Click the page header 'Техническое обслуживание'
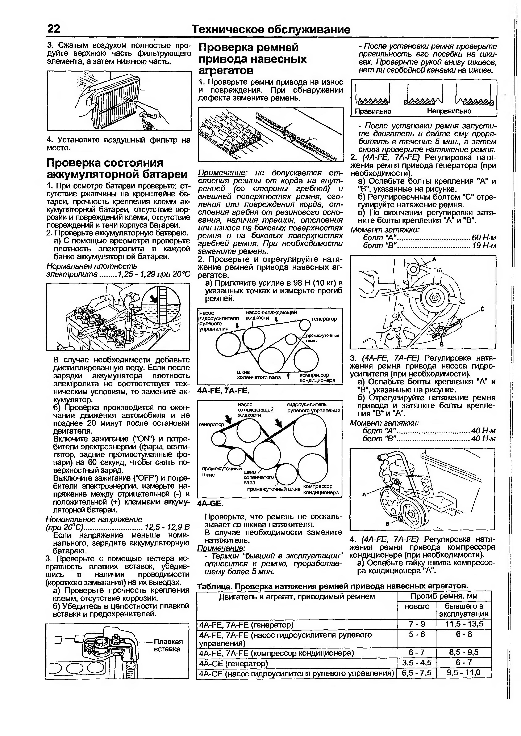[270, 30]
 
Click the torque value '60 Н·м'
[484, 238]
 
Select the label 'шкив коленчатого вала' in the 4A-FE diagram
[259, 375]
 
